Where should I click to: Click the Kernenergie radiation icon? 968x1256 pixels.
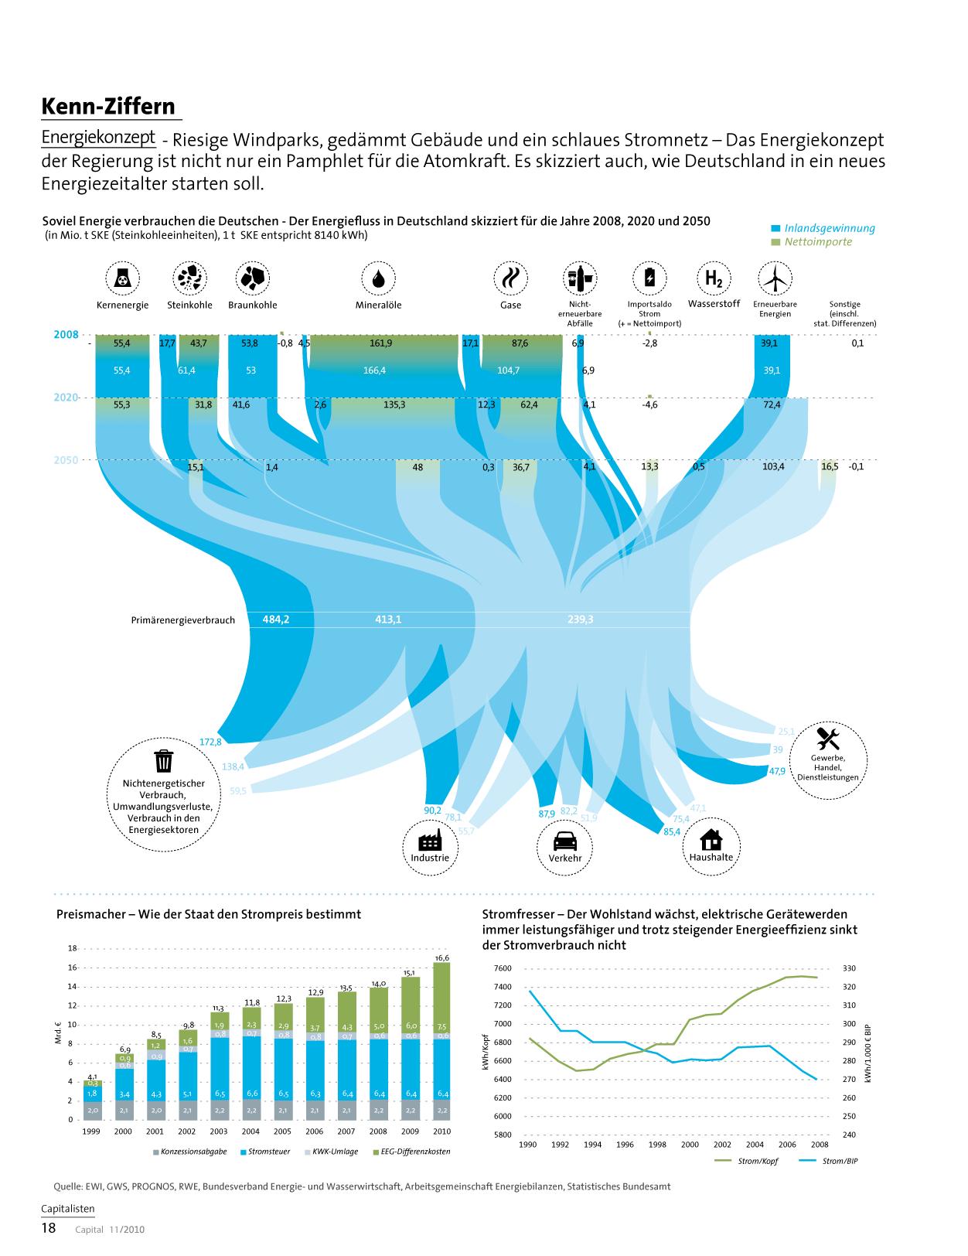click(122, 278)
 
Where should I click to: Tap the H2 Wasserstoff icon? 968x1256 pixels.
click(714, 278)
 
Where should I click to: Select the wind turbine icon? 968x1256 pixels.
click(775, 278)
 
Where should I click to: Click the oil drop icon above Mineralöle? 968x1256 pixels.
click(378, 278)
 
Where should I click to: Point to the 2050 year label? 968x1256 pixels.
click(66, 460)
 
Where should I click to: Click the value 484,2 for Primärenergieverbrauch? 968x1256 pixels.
click(275, 619)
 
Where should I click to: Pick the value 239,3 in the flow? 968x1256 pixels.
click(580, 619)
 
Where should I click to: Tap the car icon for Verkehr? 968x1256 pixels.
click(565, 841)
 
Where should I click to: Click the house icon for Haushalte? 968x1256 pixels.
click(711, 839)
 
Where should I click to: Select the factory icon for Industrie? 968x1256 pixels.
click(430, 841)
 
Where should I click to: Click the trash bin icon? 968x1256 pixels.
click(164, 761)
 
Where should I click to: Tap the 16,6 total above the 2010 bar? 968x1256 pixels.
click(441, 957)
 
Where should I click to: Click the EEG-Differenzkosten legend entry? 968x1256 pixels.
click(411, 1152)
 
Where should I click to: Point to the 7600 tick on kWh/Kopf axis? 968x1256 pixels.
click(503, 968)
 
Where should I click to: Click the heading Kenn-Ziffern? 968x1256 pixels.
click(108, 106)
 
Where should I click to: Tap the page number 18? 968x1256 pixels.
click(49, 1228)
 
